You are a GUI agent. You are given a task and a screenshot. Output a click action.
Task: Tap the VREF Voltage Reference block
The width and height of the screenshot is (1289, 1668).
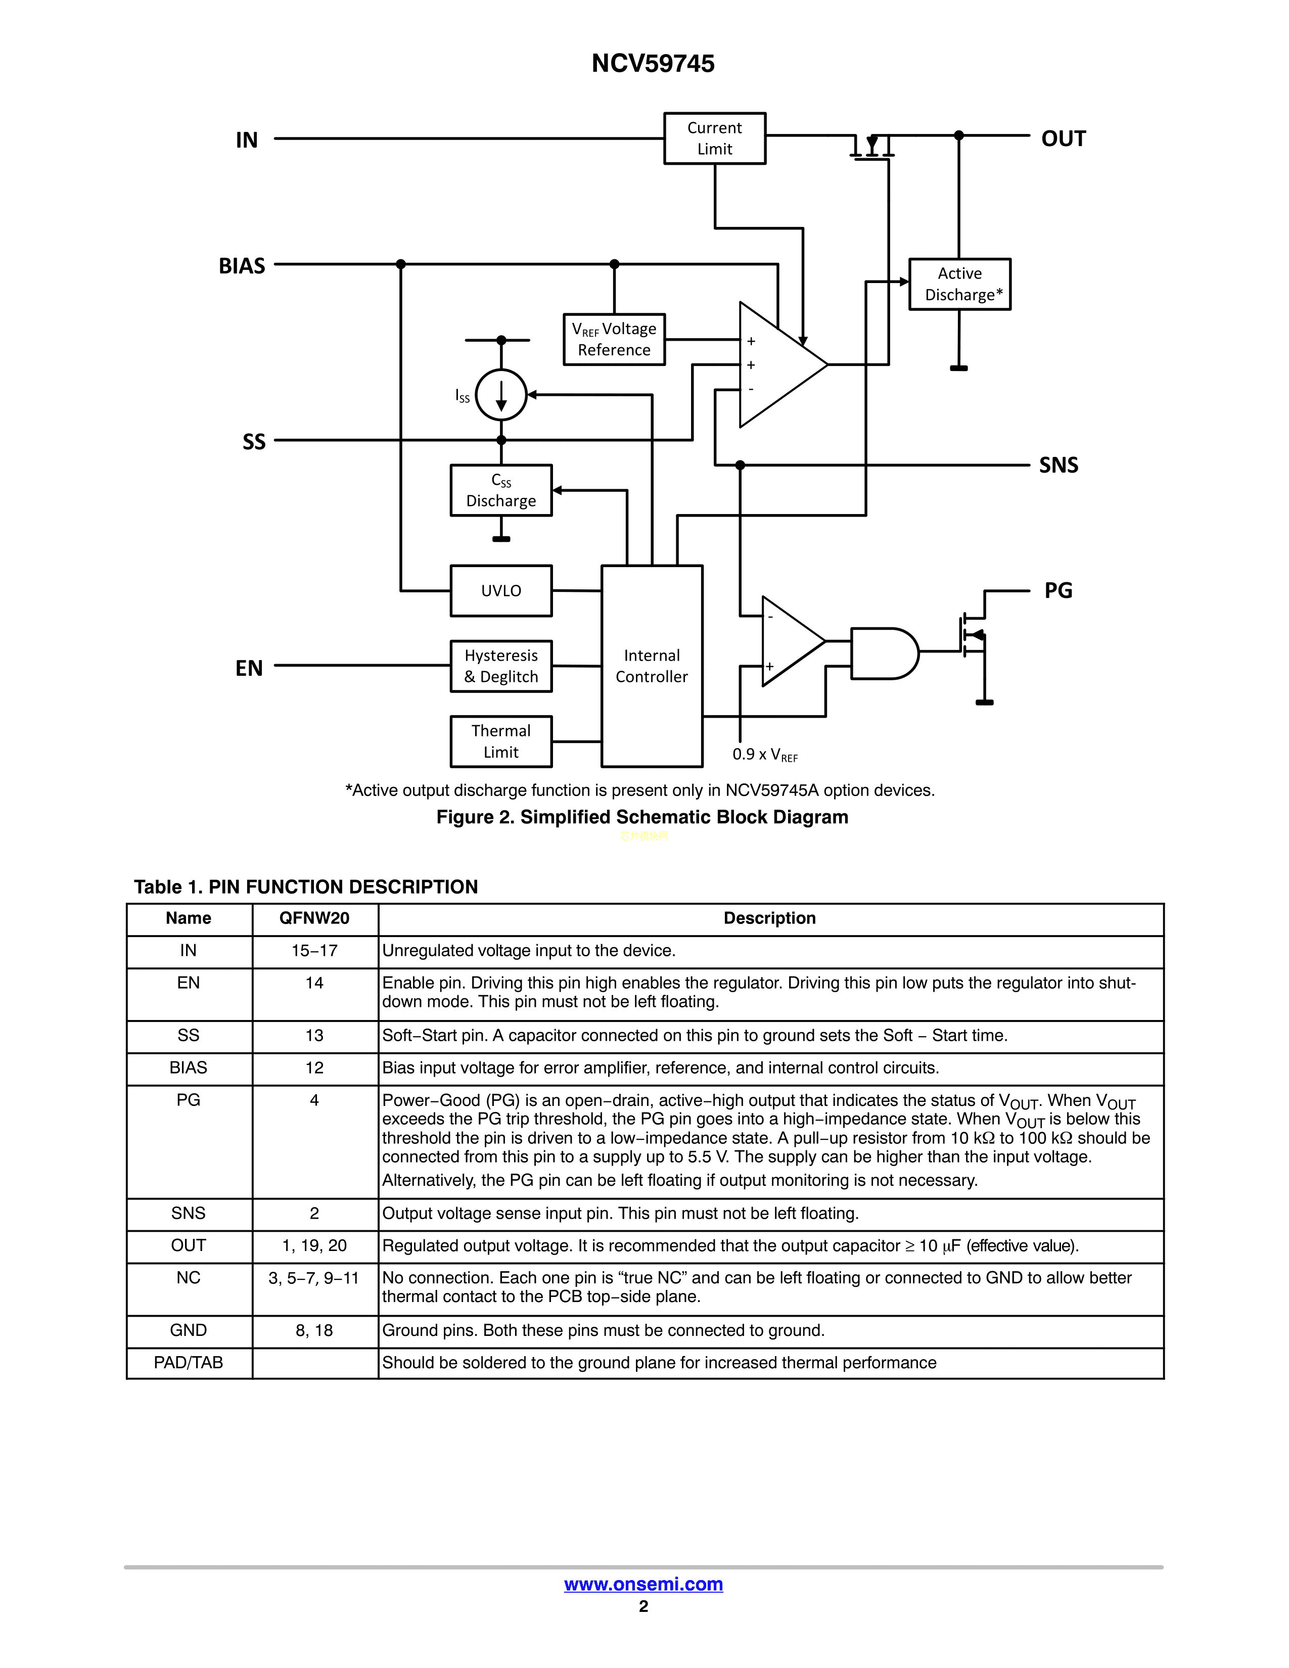tap(614, 339)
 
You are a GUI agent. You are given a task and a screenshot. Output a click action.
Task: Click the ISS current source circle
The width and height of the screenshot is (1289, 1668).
tap(501, 395)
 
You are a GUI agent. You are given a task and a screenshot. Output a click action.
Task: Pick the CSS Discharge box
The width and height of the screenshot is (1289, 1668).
tap(501, 490)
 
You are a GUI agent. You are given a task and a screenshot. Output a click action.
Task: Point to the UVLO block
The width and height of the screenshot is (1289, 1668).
tap(501, 590)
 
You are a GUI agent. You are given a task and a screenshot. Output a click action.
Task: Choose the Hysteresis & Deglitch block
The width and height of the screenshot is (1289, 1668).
tap(501, 666)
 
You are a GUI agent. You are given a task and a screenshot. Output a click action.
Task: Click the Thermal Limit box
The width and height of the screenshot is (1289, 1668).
tap(501, 741)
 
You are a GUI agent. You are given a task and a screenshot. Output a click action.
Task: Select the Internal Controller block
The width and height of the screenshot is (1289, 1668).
tap(652, 666)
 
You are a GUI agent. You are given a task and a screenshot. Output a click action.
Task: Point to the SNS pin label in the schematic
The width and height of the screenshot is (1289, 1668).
tap(1058, 465)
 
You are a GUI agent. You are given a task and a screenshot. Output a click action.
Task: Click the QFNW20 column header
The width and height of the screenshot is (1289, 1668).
tap(314, 918)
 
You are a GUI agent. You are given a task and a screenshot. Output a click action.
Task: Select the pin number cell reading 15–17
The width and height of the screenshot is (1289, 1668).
tap(314, 951)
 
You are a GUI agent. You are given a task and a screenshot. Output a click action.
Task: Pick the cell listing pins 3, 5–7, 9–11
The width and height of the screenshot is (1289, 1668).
tap(314, 1278)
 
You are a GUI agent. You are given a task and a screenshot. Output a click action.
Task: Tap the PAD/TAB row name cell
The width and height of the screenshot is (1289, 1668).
tap(188, 1363)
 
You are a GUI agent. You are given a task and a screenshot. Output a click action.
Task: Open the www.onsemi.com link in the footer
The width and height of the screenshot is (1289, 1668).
tap(643, 1584)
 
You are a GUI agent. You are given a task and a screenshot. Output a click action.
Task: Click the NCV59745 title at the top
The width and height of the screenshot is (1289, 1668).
tap(653, 63)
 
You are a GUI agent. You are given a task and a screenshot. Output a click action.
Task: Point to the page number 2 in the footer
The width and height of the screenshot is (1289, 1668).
tap(643, 1606)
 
